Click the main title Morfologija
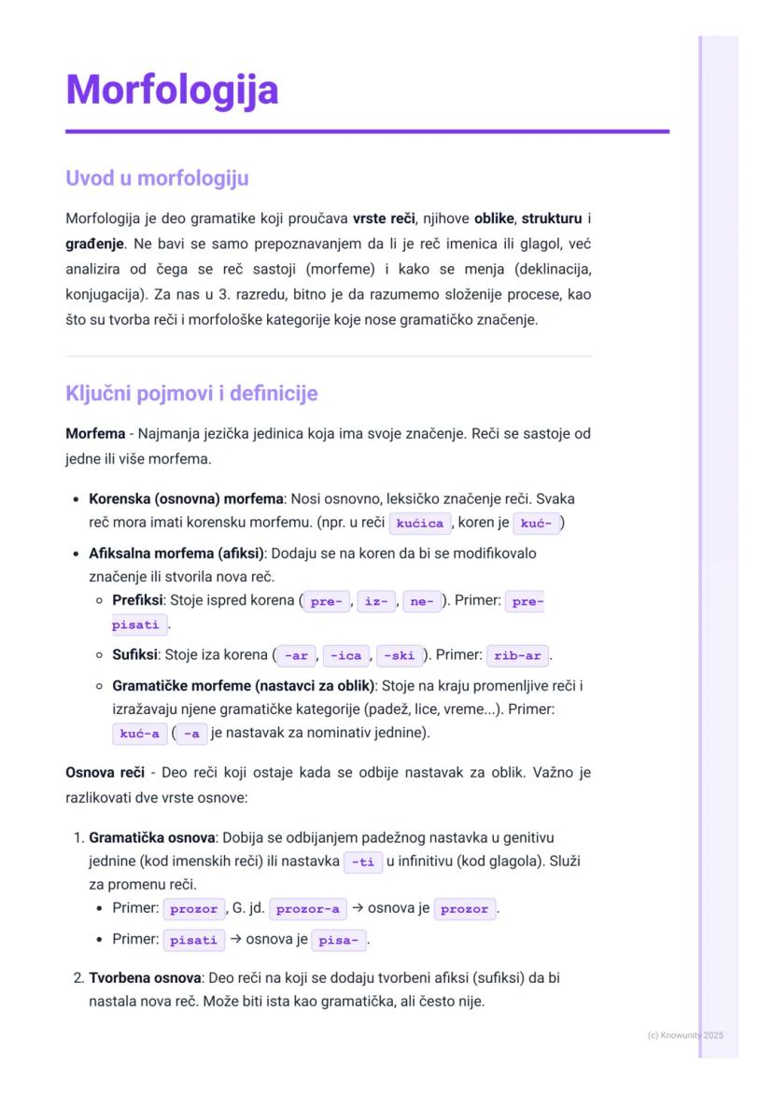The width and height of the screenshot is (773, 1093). click(x=172, y=91)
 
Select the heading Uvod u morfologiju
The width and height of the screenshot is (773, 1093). click(x=157, y=177)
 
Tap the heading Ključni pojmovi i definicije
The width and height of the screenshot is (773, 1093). click(x=191, y=393)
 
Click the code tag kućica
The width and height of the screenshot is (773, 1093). click(x=419, y=524)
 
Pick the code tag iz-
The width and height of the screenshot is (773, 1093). click(x=376, y=602)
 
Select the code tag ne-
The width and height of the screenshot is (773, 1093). click(x=422, y=602)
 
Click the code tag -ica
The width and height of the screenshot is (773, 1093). click(x=346, y=656)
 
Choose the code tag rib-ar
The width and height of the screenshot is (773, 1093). click(x=517, y=656)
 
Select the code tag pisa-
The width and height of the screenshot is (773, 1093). click(x=337, y=941)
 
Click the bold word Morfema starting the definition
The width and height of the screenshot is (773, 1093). click(x=95, y=434)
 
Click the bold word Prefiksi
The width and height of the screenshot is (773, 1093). click(x=137, y=601)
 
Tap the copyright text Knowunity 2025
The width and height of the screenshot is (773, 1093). click(x=685, y=1035)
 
